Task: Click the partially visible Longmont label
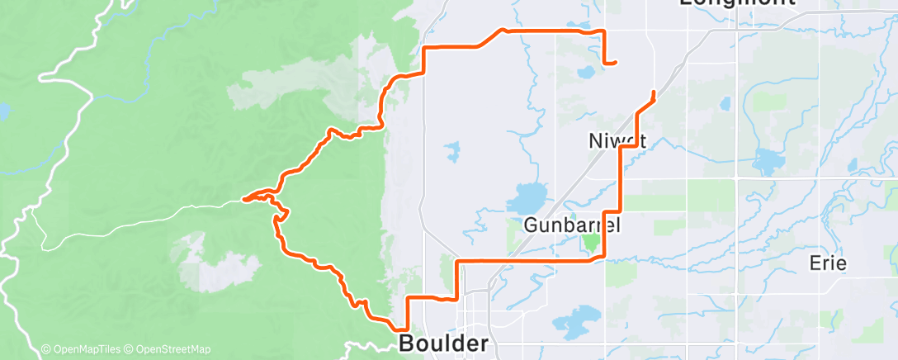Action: click(x=737, y=3)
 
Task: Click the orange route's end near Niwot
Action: click(x=655, y=92)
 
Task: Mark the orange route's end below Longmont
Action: click(x=616, y=63)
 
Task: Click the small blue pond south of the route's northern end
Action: click(x=586, y=72)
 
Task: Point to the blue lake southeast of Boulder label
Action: click(x=578, y=316)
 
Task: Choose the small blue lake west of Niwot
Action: click(x=451, y=151)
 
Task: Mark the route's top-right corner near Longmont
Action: click(x=604, y=31)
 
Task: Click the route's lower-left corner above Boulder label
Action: click(x=405, y=297)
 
